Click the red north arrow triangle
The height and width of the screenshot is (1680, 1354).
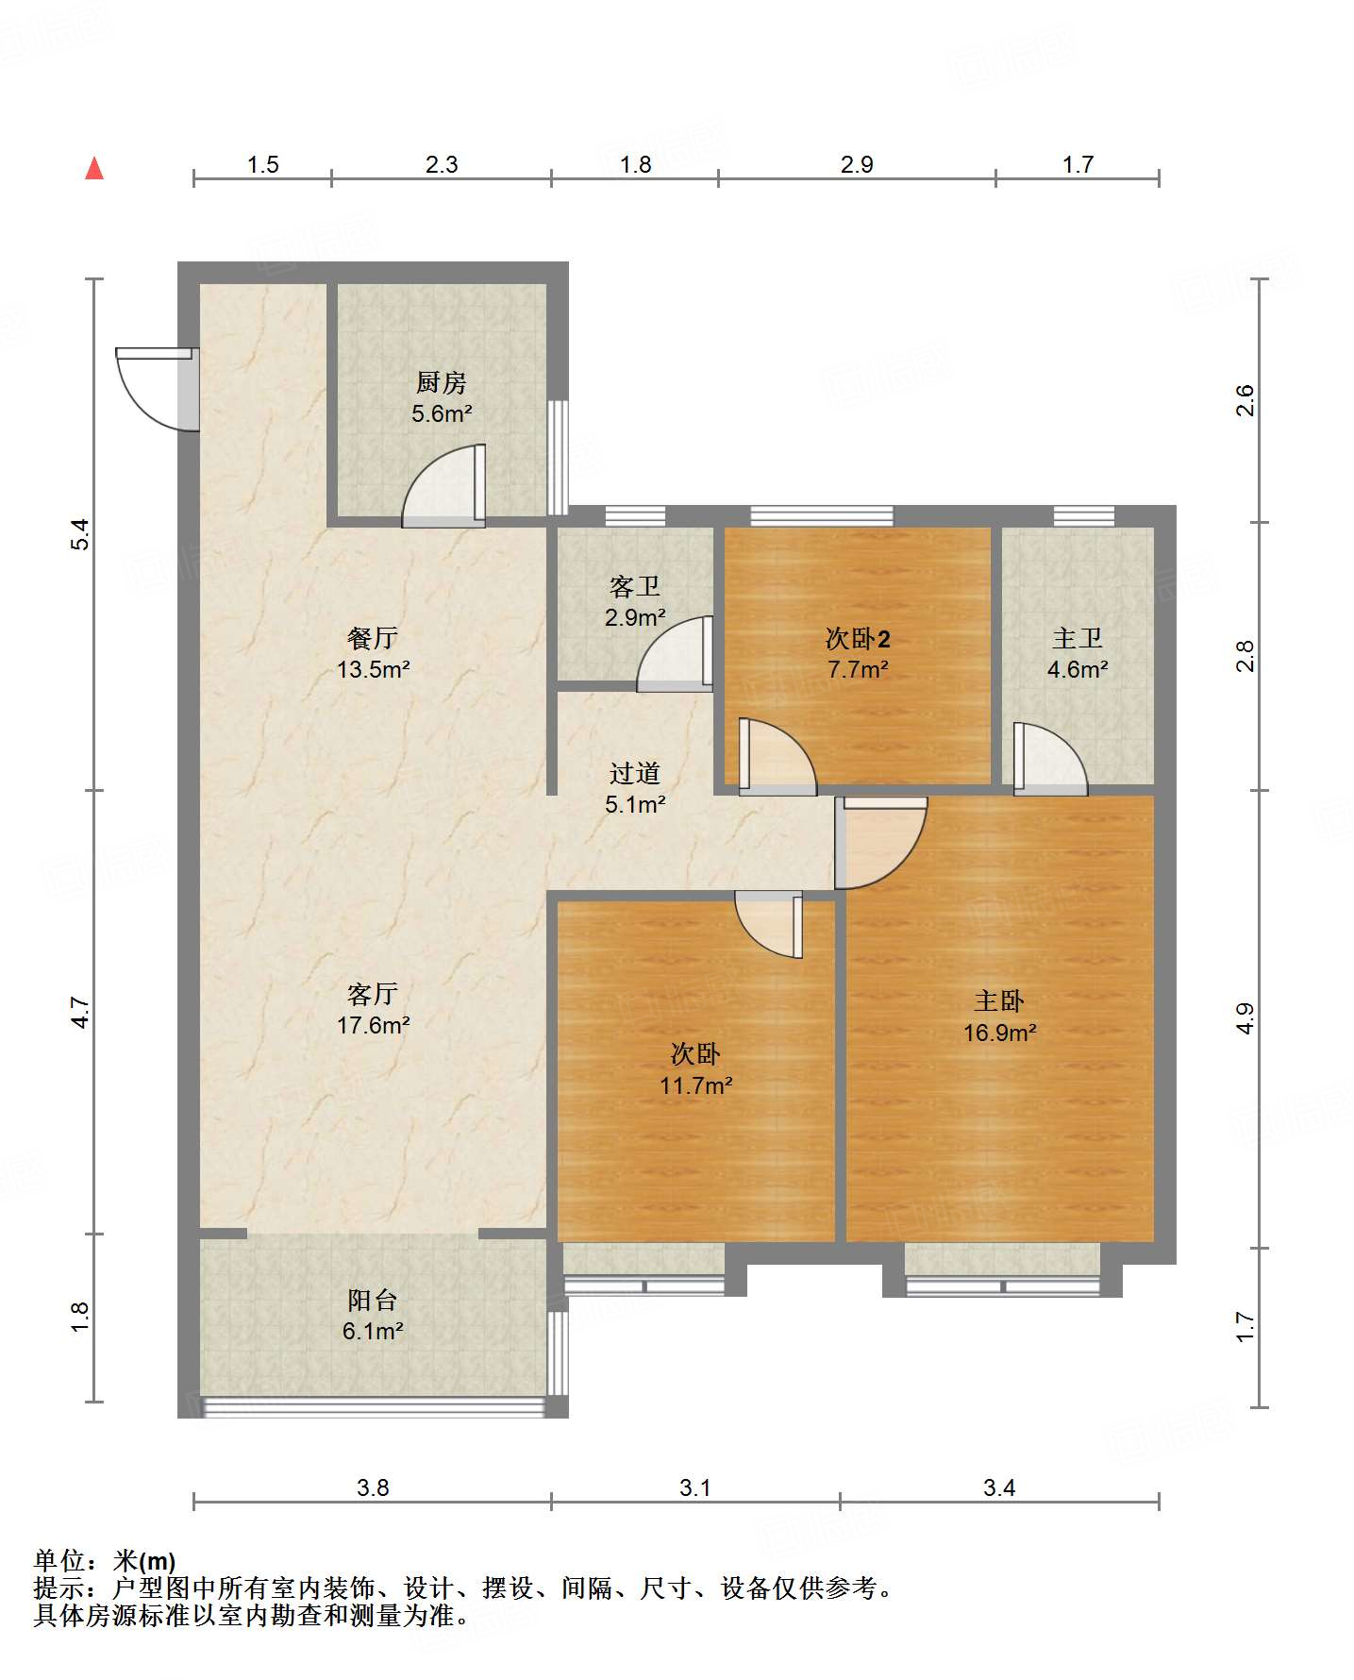click(94, 168)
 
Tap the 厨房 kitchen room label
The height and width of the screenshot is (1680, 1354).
click(442, 382)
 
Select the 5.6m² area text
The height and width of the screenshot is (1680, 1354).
click(442, 413)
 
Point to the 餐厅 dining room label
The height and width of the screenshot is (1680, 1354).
click(373, 638)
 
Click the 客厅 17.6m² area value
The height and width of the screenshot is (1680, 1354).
click(374, 1025)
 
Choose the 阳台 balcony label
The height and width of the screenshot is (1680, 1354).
click(373, 1300)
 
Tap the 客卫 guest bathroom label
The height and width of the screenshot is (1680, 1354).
click(635, 586)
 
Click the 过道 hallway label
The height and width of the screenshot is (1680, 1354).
click(635, 773)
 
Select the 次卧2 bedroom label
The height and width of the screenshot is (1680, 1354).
click(858, 639)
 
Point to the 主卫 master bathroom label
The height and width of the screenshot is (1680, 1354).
click(1078, 638)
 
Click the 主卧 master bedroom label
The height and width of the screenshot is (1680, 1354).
click(999, 1000)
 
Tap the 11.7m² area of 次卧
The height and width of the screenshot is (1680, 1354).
click(696, 1085)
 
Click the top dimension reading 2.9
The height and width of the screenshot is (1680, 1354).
click(857, 164)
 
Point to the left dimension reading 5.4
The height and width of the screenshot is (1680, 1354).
click(82, 534)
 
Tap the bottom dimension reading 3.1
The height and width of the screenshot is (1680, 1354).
click(695, 1487)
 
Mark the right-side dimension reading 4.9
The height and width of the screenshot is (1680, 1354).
click(1245, 1018)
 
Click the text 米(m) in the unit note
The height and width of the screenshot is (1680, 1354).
click(144, 1560)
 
